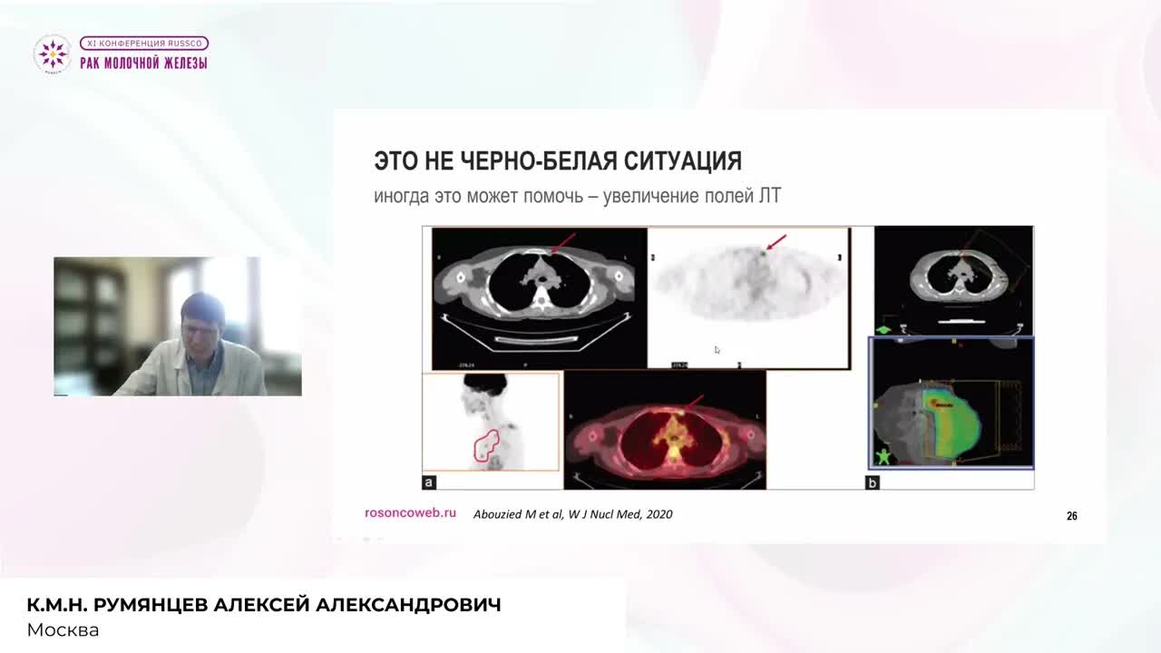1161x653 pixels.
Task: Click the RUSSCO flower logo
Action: coord(52,54)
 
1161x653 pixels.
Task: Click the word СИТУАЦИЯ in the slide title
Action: coord(683,161)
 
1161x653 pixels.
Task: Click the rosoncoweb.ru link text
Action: coord(410,512)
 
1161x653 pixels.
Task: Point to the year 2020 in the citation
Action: coord(659,514)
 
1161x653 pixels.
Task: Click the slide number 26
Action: coord(1071,516)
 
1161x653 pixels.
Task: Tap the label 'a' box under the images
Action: coord(430,482)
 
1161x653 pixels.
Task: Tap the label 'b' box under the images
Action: coord(873,482)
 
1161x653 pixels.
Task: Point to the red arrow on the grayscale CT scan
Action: coord(563,242)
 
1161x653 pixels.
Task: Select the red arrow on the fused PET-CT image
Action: coord(694,403)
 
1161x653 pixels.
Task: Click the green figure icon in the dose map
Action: coord(883,455)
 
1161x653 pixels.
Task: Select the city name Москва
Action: coord(63,629)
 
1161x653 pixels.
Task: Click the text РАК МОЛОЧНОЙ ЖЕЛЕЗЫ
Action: coord(143,63)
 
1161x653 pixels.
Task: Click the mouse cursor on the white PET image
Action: coord(717,350)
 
